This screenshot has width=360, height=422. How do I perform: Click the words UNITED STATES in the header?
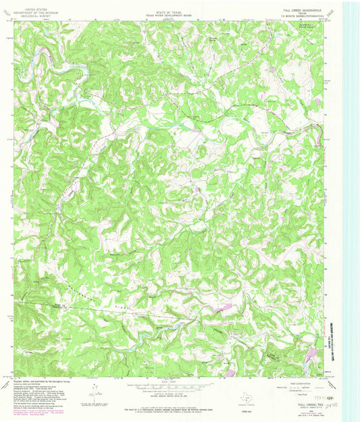click(x=30, y=4)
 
